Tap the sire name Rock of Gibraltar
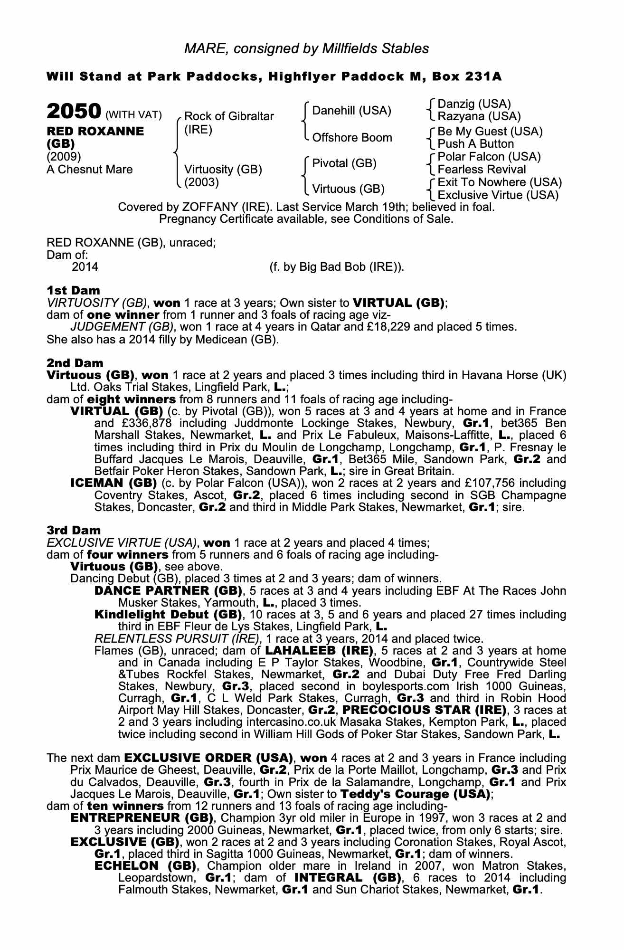[x=228, y=116]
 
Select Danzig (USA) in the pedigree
[x=474, y=104]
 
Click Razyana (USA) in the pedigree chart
[x=479, y=116]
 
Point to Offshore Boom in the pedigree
[x=352, y=138]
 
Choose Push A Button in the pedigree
[x=475, y=144]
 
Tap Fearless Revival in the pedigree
[x=482, y=170]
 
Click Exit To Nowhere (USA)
[x=499, y=182]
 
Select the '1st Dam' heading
[x=73, y=290]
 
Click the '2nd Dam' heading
[x=75, y=363]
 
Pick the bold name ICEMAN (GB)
[x=113, y=483]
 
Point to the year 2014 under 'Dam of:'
[x=85, y=267]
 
